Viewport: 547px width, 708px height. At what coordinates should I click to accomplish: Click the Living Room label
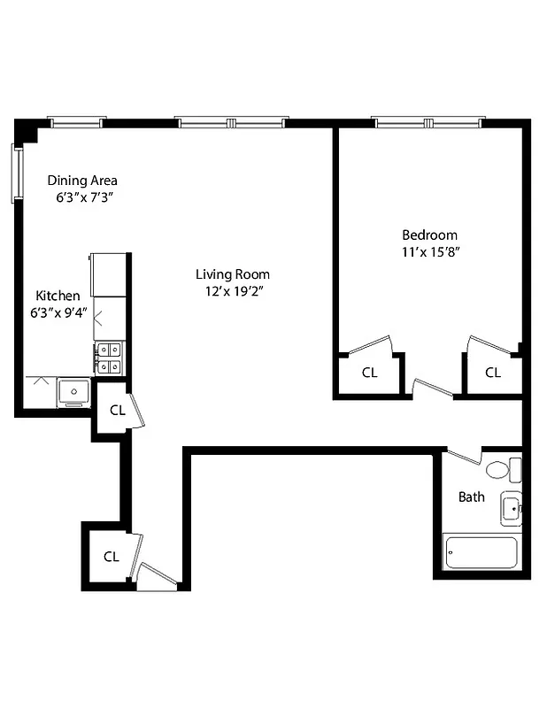pyautogui.click(x=232, y=274)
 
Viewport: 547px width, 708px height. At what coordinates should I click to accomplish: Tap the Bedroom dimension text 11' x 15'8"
pyautogui.click(x=429, y=251)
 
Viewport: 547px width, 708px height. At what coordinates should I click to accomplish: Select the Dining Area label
pyautogui.click(x=82, y=181)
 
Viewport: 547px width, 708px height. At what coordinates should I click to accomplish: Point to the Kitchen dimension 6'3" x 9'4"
pyautogui.click(x=58, y=312)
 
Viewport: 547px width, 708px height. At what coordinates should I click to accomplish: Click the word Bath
pyautogui.click(x=471, y=496)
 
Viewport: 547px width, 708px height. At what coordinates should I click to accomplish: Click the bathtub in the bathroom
pyautogui.click(x=481, y=554)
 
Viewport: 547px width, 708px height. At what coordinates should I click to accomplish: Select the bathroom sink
pyautogui.click(x=512, y=509)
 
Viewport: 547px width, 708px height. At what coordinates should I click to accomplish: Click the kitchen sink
pyautogui.click(x=73, y=389)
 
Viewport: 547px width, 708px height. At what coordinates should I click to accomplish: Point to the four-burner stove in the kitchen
pyautogui.click(x=109, y=357)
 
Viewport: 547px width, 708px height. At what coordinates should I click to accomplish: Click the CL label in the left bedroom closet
pyautogui.click(x=370, y=373)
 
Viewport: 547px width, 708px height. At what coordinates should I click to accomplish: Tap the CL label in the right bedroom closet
pyautogui.click(x=492, y=373)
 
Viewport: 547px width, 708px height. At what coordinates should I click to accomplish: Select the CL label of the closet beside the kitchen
pyautogui.click(x=117, y=410)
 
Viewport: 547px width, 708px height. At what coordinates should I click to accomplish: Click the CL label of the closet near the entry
pyautogui.click(x=111, y=557)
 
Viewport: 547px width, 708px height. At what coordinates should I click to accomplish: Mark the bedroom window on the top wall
pyautogui.click(x=428, y=122)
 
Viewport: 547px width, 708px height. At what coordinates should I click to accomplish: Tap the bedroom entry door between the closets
pyautogui.click(x=433, y=388)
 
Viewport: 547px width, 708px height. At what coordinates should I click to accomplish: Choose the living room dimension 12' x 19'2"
pyautogui.click(x=232, y=290)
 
